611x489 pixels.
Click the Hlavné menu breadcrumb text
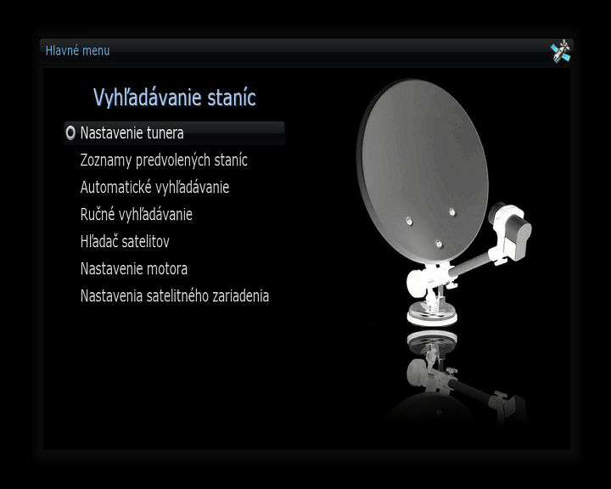(x=77, y=51)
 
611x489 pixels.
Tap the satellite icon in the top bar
(x=560, y=51)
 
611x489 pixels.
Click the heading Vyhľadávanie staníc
(x=175, y=98)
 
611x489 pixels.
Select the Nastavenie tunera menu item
(x=132, y=133)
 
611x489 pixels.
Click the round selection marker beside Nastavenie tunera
(x=70, y=132)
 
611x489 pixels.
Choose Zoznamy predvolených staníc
(x=164, y=160)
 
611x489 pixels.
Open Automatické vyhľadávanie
(x=154, y=187)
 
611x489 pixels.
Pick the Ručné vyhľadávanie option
(x=137, y=214)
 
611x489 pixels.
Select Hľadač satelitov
(x=125, y=241)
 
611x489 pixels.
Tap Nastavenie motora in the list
(x=134, y=268)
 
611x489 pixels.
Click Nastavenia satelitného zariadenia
(x=175, y=296)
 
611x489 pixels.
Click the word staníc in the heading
(x=232, y=98)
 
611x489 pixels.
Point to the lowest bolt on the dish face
(x=439, y=244)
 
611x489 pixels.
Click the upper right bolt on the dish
(x=451, y=212)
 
